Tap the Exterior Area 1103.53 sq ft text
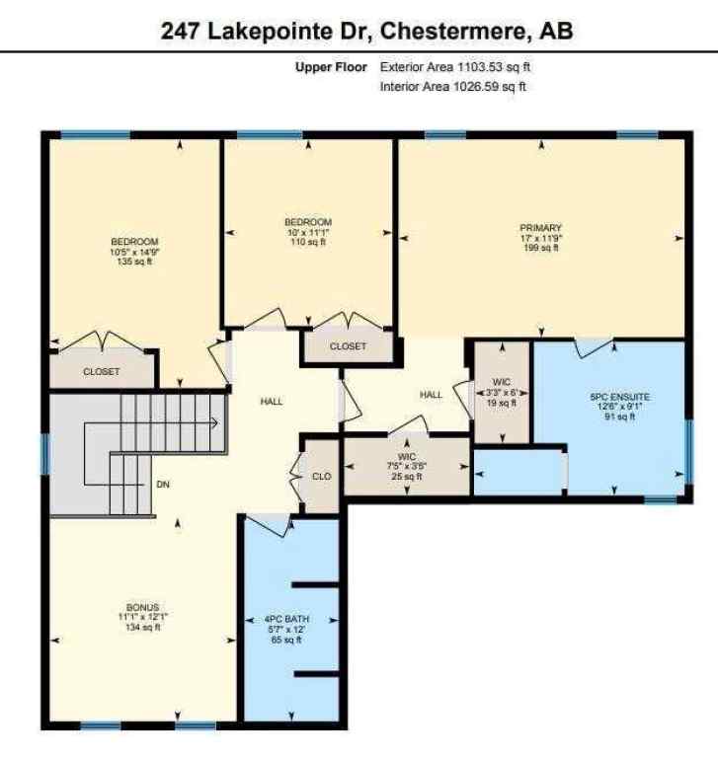(x=456, y=67)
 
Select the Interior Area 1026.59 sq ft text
(x=452, y=86)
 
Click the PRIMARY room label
(x=542, y=228)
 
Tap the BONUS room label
(x=142, y=606)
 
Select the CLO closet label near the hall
(x=321, y=476)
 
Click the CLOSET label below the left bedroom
(x=102, y=372)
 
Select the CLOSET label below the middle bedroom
(x=348, y=346)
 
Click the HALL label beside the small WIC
(x=431, y=395)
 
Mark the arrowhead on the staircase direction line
(x=214, y=422)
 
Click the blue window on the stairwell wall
(x=43, y=455)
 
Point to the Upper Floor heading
(x=330, y=67)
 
